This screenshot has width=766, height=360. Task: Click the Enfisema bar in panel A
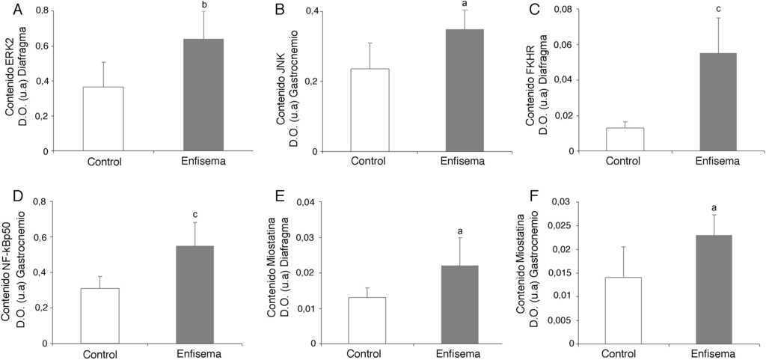[x=203, y=95]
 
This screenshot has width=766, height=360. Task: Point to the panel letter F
[x=512, y=201]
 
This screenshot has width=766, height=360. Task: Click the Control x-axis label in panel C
[x=623, y=161]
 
